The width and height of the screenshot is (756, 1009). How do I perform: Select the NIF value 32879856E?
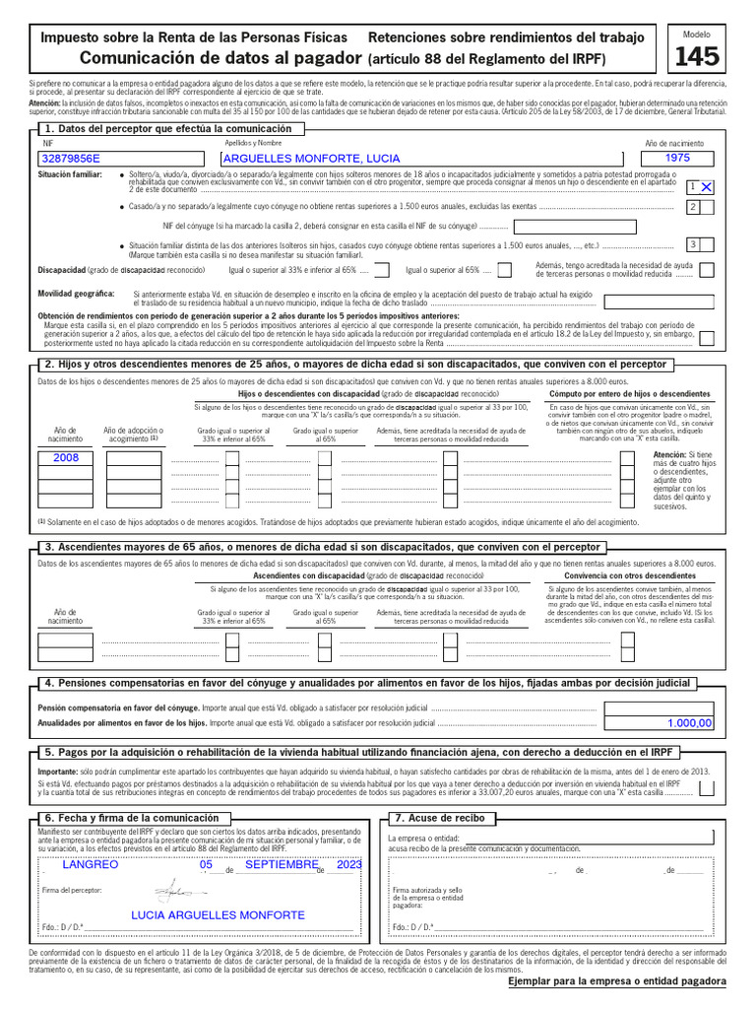(x=70, y=158)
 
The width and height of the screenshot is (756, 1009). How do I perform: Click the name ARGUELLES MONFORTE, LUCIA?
(x=311, y=158)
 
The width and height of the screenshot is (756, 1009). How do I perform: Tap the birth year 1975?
(x=677, y=158)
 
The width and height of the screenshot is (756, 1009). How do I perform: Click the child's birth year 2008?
(x=66, y=457)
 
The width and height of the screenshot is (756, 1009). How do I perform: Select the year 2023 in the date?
(x=348, y=864)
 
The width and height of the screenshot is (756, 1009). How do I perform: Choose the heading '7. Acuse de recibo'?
(x=439, y=818)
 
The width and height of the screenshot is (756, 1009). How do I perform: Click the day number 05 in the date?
(x=206, y=864)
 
